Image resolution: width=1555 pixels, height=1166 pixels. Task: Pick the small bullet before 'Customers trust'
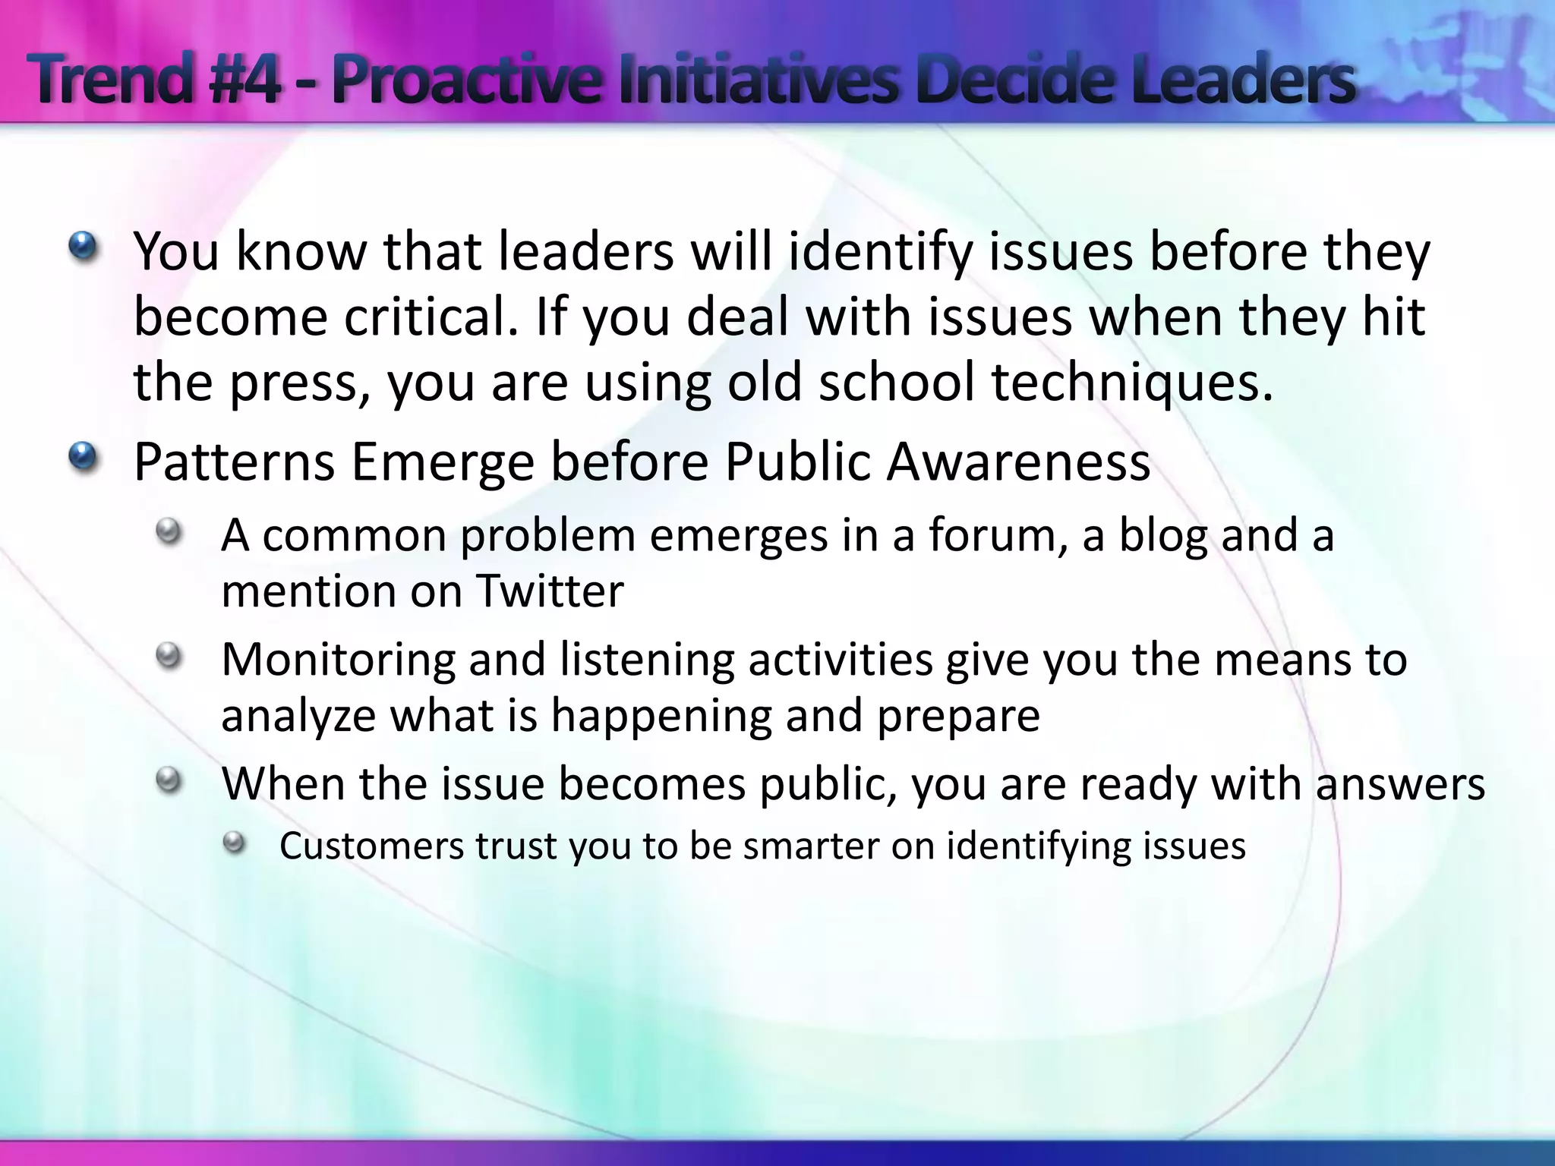click(x=235, y=842)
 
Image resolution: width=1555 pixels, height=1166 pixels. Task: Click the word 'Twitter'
click(x=550, y=591)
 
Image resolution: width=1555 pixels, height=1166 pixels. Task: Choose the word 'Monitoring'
click(x=337, y=660)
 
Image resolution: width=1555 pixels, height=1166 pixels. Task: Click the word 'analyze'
click(x=298, y=717)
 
